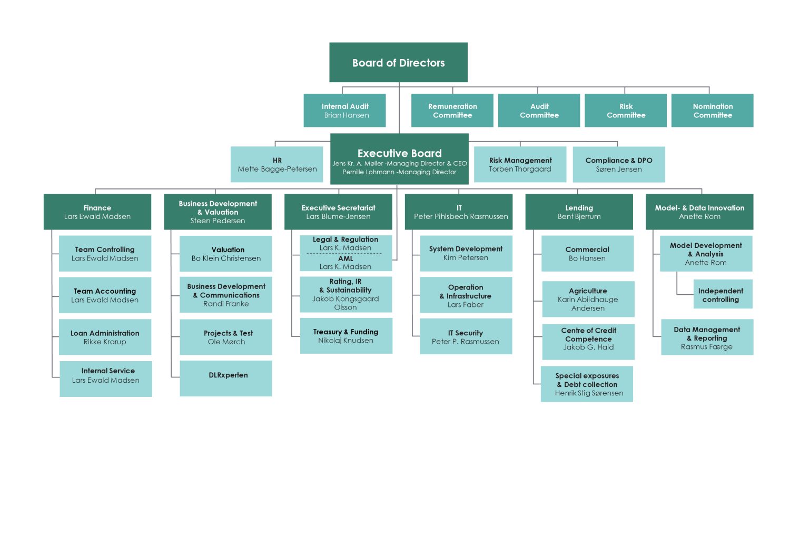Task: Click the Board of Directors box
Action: tap(398, 63)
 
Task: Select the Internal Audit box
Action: tap(344, 111)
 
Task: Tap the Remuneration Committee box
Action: tap(452, 111)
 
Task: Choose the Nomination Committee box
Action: tap(713, 111)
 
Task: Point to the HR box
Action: tap(277, 164)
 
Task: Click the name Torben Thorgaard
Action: tap(520, 169)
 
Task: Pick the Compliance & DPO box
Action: tap(619, 164)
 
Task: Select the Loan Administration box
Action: tap(105, 337)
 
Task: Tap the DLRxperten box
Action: tap(226, 378)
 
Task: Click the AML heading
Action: tap(345, 258)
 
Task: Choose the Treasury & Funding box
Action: tap(347, 336)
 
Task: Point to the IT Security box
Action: tap(466, 336)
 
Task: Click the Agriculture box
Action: tap(588, 299)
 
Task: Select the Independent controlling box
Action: tap(723, 294)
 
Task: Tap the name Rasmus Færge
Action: tap(707, 347)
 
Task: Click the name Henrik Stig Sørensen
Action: tap(589, 393)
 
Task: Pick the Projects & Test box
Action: tap(226, 337)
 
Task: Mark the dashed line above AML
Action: tap(344, 253)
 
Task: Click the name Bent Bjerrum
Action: tap(579, 216)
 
